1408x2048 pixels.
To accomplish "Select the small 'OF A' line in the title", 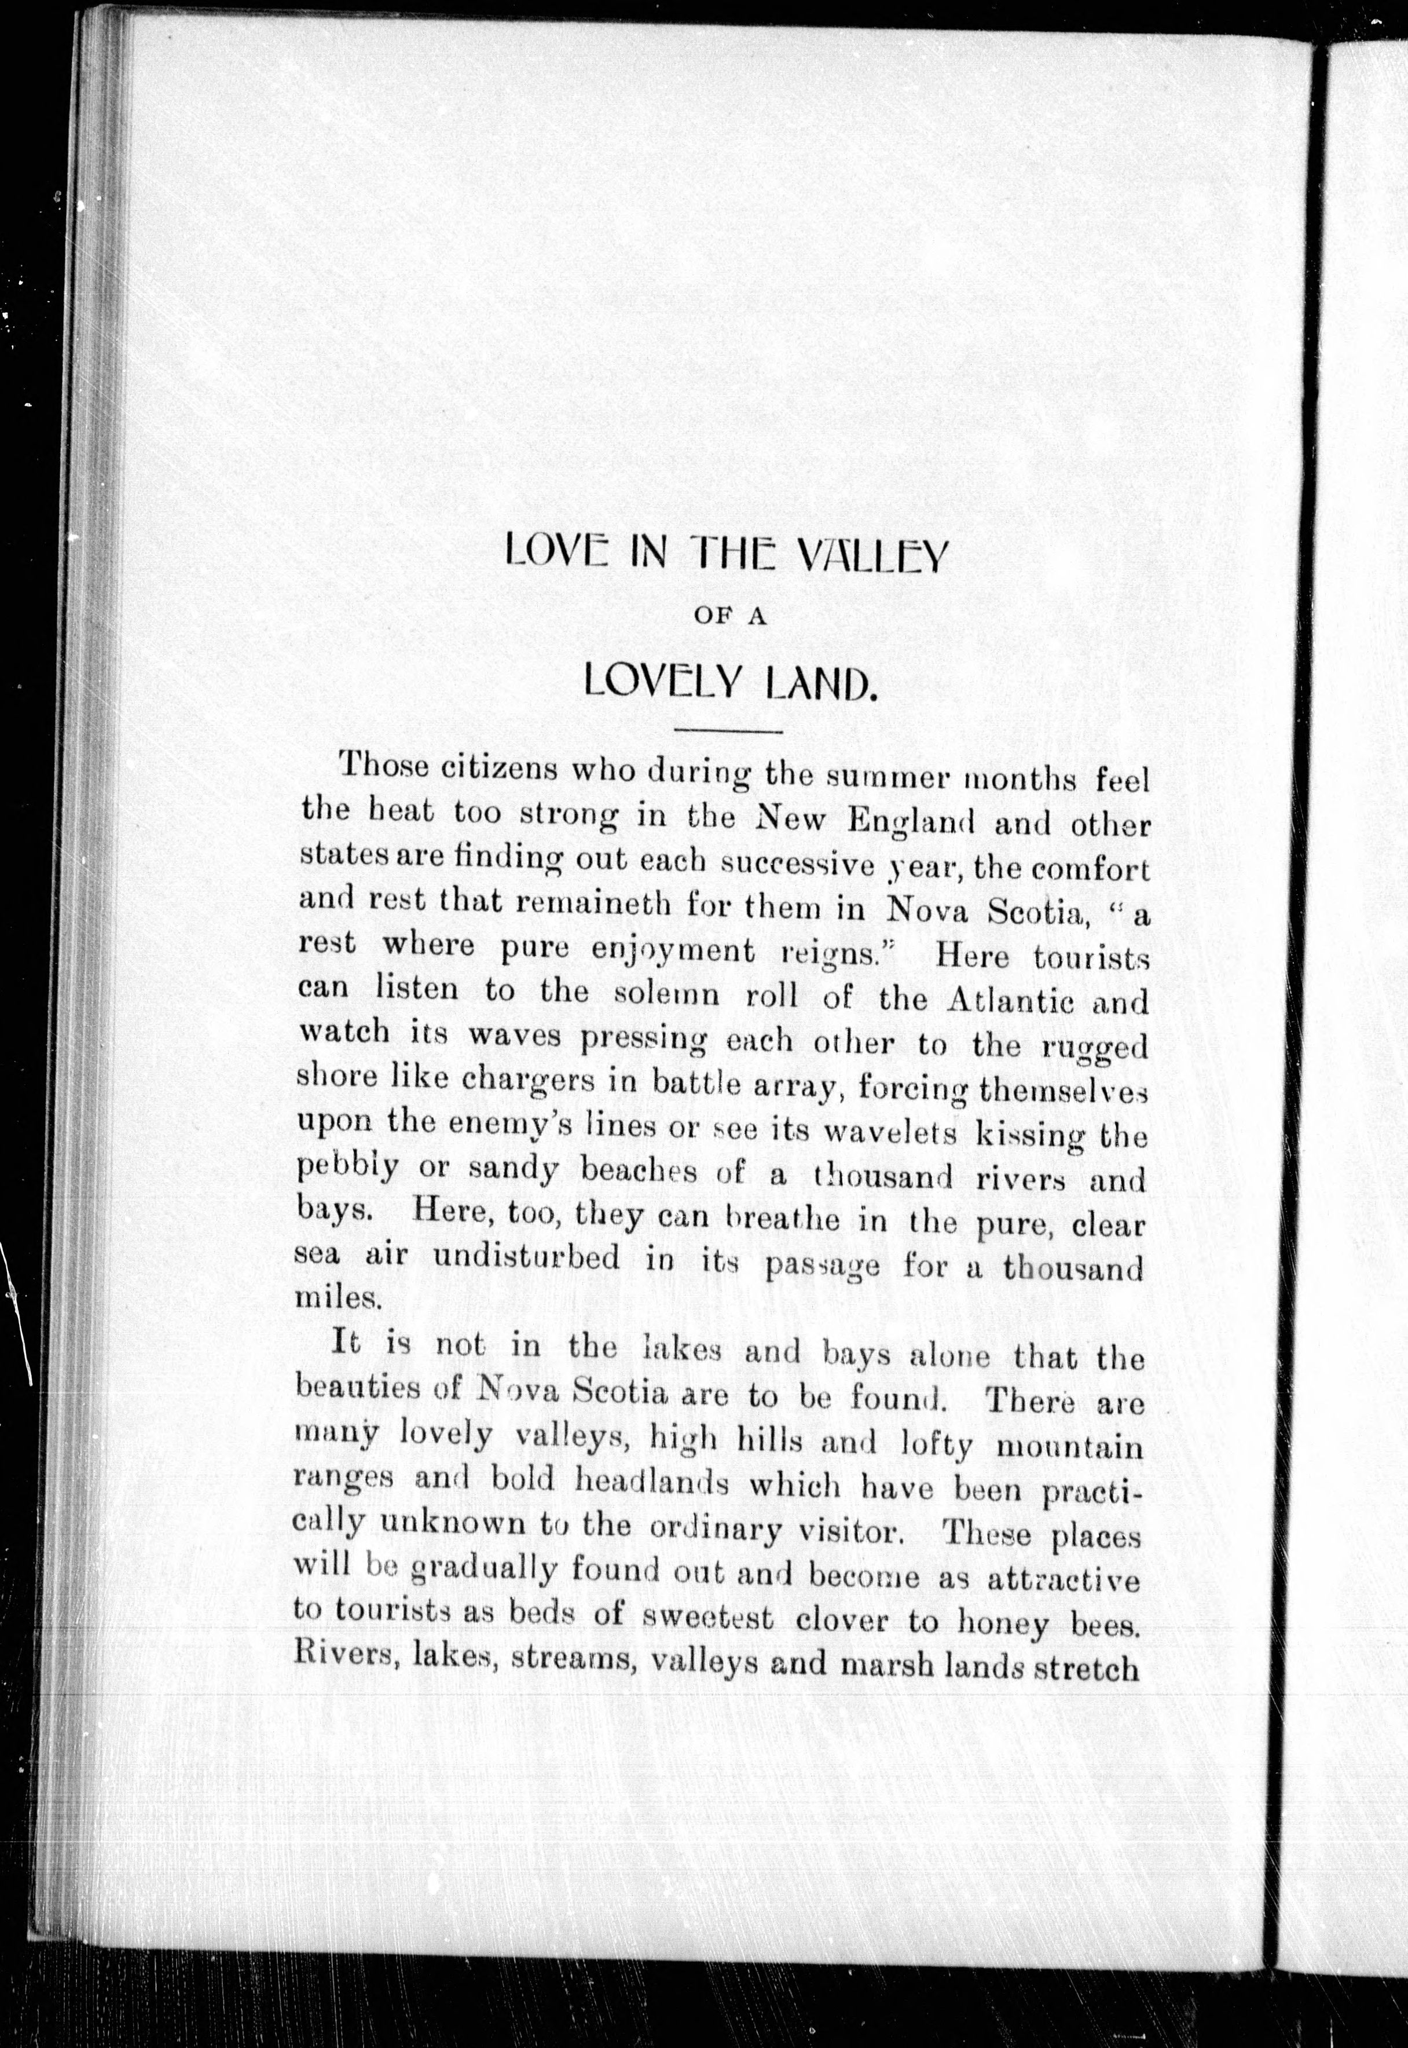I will pyautogui.click(x=729, y=617).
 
